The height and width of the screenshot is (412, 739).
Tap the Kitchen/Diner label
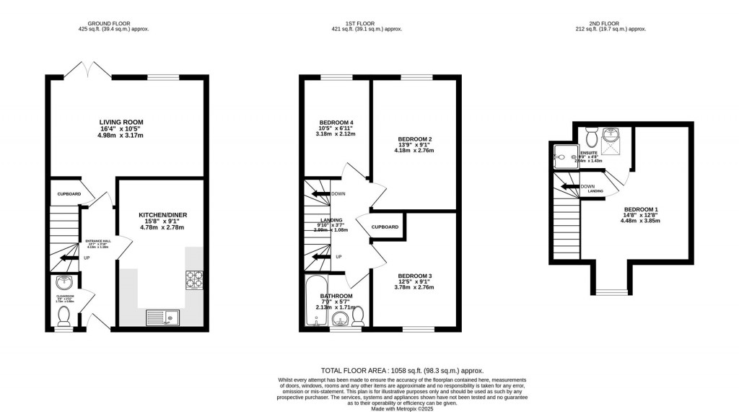coord(162,215)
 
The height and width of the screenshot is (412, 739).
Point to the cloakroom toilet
coord(64,315)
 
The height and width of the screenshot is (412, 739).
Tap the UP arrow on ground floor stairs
coord(69,257)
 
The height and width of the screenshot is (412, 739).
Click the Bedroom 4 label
coord(336,123)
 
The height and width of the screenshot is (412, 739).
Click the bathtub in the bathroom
coord(315,301)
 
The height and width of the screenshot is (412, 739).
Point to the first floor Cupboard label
coord(385,227)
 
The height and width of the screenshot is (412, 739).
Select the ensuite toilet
coord(592,136)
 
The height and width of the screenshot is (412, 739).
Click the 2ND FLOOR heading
coord(612,24)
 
